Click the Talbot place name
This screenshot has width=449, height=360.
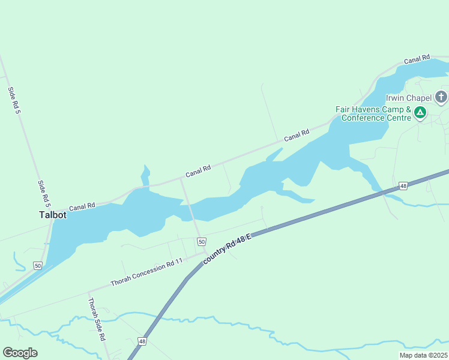pos(52,215)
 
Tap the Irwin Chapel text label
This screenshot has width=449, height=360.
pos(409,98)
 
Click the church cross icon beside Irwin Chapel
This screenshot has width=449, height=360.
pos(441,97)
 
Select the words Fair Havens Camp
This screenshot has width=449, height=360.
pos(365,110)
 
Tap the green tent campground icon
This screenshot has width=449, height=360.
pos(421,112)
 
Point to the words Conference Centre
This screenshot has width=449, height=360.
pos(376,118)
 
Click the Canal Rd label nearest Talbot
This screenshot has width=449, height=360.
pos(82,207)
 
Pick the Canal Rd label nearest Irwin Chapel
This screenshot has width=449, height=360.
pos(417,59)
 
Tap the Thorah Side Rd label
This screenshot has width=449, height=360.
pos(97,320)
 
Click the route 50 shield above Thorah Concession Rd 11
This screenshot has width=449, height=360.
pos(202,241)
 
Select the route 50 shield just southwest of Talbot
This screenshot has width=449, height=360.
pos(38,265)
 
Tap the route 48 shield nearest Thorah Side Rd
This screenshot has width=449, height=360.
pos(142,341)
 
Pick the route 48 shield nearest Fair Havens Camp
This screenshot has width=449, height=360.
pos(403,186)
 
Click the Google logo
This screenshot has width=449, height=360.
pos(20,353)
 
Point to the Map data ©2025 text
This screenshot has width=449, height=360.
pos(423,355)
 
